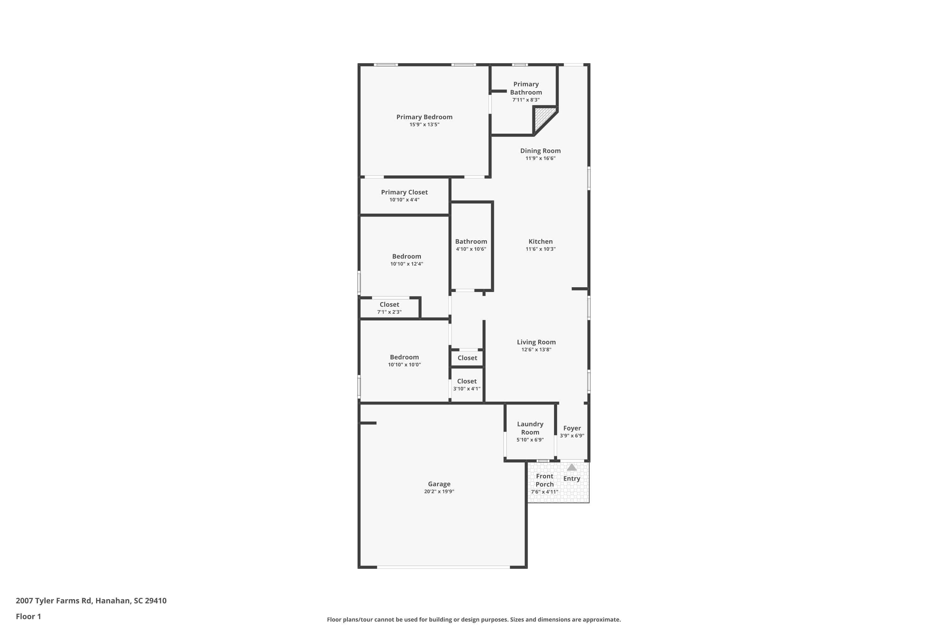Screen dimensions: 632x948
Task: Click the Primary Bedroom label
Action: tap(424, 117)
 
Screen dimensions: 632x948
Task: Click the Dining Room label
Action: tap(540, 151)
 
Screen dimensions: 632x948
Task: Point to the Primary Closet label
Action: tap(404, 192)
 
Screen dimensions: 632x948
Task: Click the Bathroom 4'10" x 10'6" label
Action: tap(471, 241)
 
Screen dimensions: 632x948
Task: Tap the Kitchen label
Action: tap(540, 241)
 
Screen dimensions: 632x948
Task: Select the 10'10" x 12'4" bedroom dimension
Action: tap(406, 264)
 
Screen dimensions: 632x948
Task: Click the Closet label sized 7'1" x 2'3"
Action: tap(389, 305)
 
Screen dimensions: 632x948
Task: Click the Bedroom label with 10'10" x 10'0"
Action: tap(404, 357)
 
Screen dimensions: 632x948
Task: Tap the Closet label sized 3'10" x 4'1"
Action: tap(467, 381)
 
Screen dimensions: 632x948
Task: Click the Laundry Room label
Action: tap(530, 428)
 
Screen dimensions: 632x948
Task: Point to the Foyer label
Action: tap(572, 428)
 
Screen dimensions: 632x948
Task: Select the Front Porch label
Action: tap(544, 480)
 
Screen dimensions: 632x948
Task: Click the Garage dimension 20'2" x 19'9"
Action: tap(439, 491)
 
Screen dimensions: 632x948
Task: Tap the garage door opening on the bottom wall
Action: tap(443, 567)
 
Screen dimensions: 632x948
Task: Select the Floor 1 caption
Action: tap(28, 616)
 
